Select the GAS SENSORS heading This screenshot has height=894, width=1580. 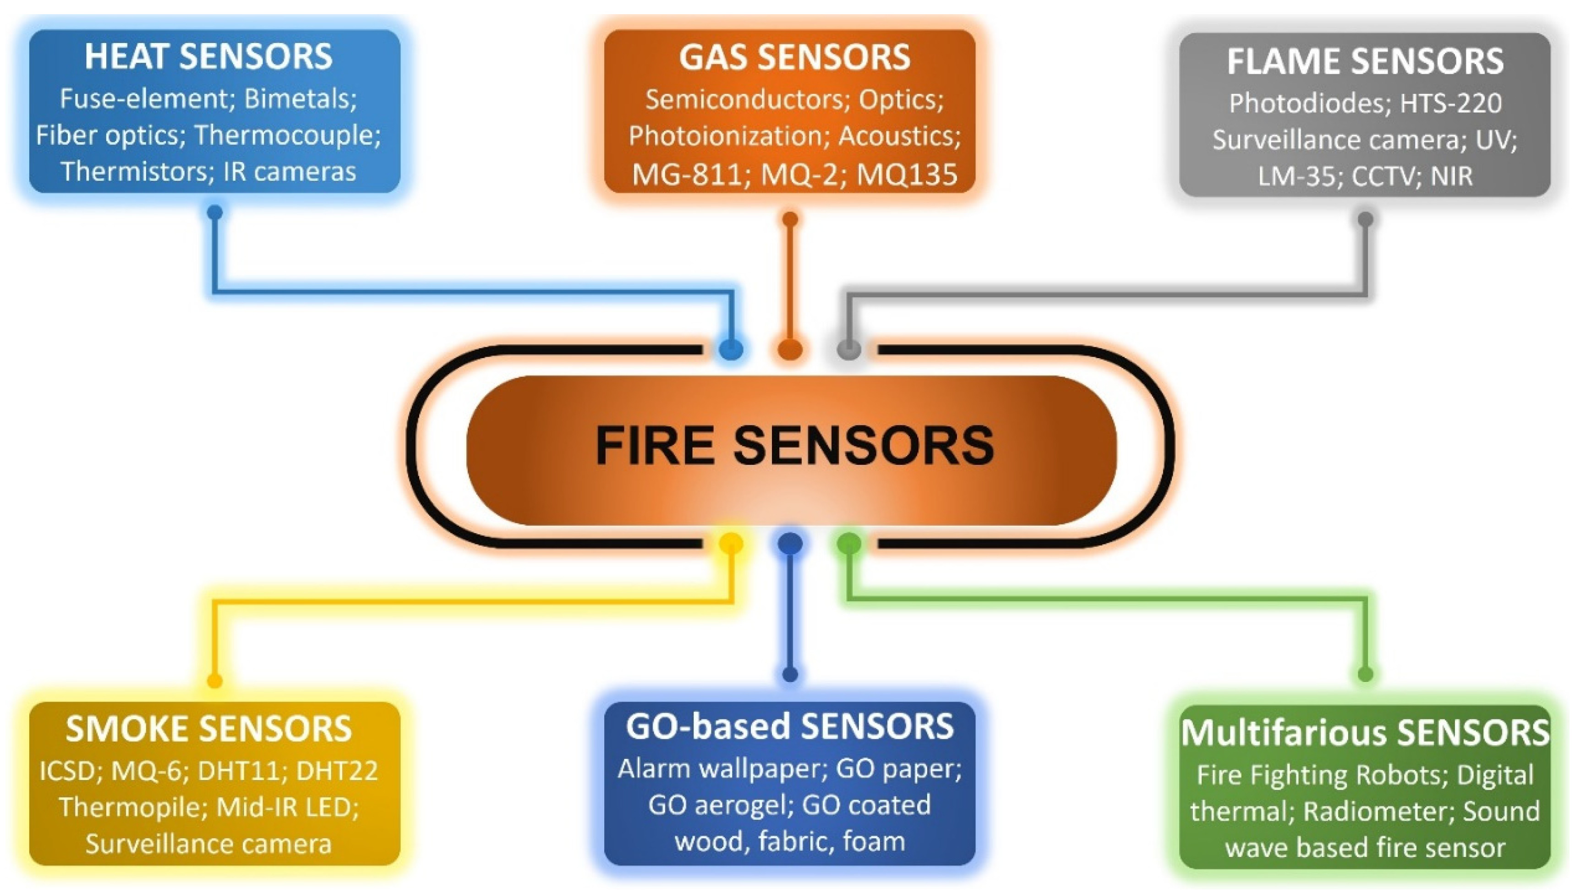coord(794,57)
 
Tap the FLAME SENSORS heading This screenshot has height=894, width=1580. coord(1364,61)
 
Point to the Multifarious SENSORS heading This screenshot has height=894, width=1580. coord(1364,732)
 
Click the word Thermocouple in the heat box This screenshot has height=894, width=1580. coord(287,135)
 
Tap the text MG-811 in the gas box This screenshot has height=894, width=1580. coord(687,175)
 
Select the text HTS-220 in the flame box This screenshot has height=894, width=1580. coord(1450,103)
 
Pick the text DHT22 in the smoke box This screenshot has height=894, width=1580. coord(337,771)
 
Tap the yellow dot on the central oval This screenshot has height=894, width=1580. coord(731,543)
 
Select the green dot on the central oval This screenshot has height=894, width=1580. coord(849,543)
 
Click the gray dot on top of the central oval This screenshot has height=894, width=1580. coord(849,349)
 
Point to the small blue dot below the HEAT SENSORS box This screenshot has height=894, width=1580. coord(214,213)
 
